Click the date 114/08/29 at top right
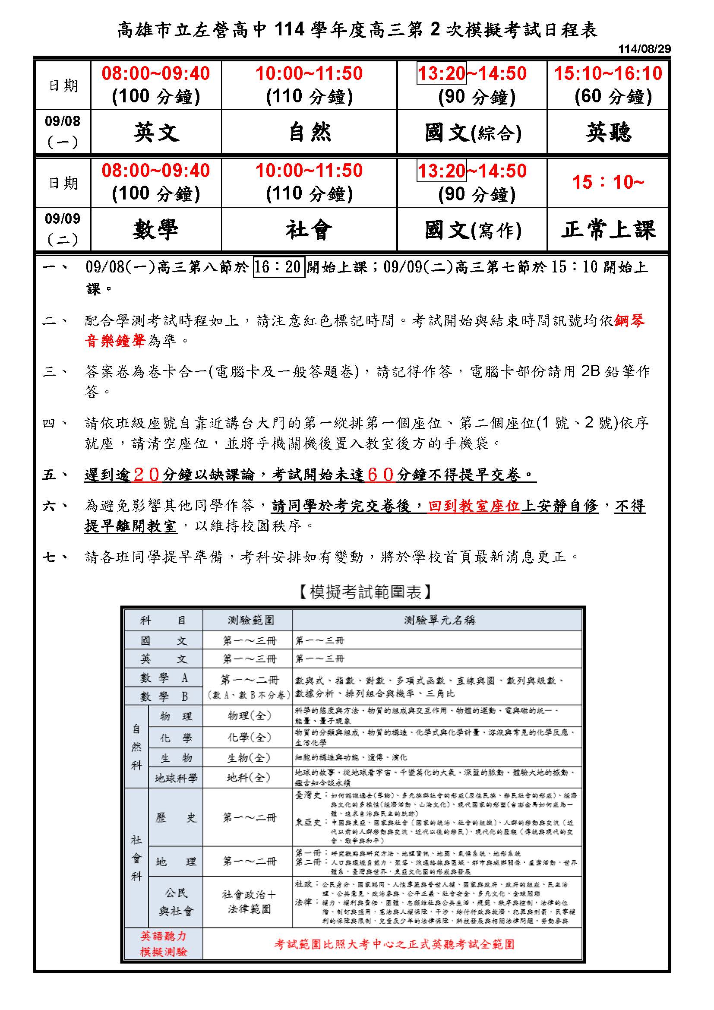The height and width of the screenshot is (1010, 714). (x=644, y=49)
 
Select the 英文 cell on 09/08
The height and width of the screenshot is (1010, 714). (x=156, y=132)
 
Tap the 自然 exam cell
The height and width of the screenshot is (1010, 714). (x=309, y=132)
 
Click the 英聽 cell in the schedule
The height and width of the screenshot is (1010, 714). (x=608, y=132)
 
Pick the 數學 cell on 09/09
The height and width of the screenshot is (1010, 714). (x=156, y=230)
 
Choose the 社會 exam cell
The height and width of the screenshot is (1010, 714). (x=309, y=230)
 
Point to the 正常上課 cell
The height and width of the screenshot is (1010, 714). (x=608, y=230)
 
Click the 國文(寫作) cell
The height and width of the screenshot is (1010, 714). (x=472, y=230)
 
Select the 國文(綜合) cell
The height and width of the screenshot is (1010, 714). (x=472, y=132)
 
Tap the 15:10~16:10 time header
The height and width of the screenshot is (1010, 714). (x=608, y=73)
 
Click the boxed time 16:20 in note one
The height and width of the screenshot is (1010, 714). (x=279, y=266)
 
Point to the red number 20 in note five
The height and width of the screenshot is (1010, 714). (x=147, y=475)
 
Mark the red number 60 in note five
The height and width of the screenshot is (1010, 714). (x=381, y=475)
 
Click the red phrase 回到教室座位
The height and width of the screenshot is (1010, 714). (x=474, y=506)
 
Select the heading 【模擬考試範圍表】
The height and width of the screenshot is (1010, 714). (x=365, y=592)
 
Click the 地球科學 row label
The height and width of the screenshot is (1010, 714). (x=176, y=778)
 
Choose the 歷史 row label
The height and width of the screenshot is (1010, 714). (x=176, y=818)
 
